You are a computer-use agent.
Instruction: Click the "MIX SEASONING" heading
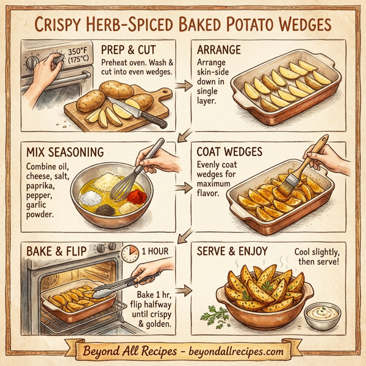[x=66, y=151]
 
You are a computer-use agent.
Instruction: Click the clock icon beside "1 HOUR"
[x=129, y=253]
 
